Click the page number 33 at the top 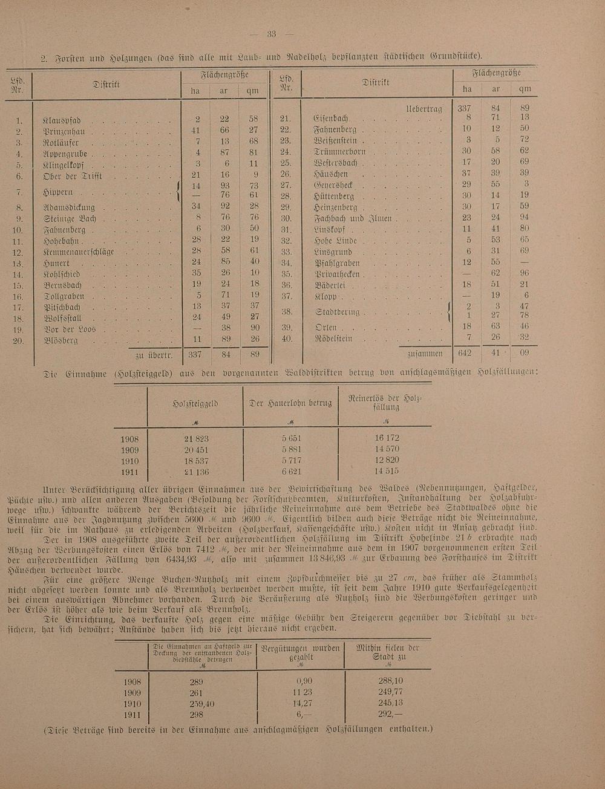coord(272,34)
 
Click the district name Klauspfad coord(62,120)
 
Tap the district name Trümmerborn coord(340,152)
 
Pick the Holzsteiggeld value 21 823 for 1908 coord(196,438)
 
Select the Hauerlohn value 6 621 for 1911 coord(292,472)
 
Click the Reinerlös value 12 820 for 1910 coord(387,461)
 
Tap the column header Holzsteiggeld coord(196,403)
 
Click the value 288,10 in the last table coord(390,681)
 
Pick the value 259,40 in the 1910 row coord(197,704)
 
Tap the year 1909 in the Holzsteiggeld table coord(129,450)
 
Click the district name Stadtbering coord(338,312)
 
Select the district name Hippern coord(59,192)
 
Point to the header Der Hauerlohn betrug coord(291,403)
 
